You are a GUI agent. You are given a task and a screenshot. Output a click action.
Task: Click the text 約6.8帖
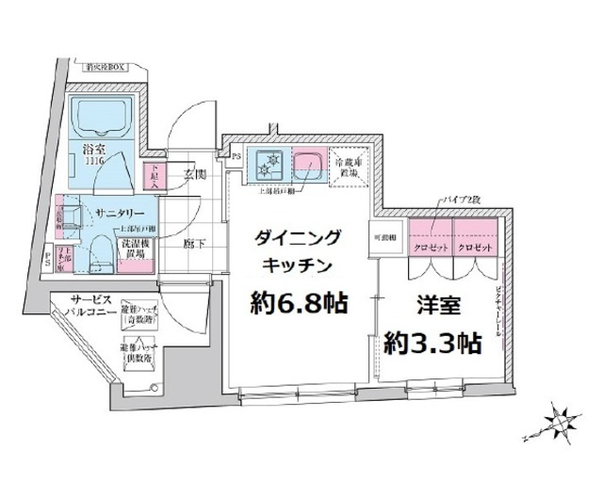pyautogui.click(x=297, y=304)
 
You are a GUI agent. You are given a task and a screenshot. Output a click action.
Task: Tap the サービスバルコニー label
pyautogui.click(x=91, y=305)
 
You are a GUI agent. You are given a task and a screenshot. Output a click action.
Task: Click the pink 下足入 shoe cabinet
pyautogui.click(x=153, y=174)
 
